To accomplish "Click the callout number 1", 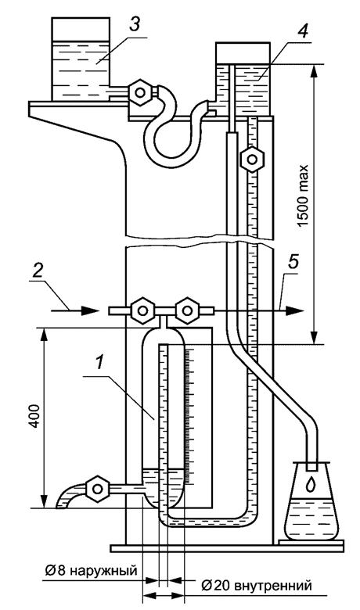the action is (100, 364).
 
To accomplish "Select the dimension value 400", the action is (34, 416).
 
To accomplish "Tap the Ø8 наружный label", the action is (91, 571).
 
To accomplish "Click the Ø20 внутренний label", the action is (257, 586).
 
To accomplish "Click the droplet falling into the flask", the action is (310, 484).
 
